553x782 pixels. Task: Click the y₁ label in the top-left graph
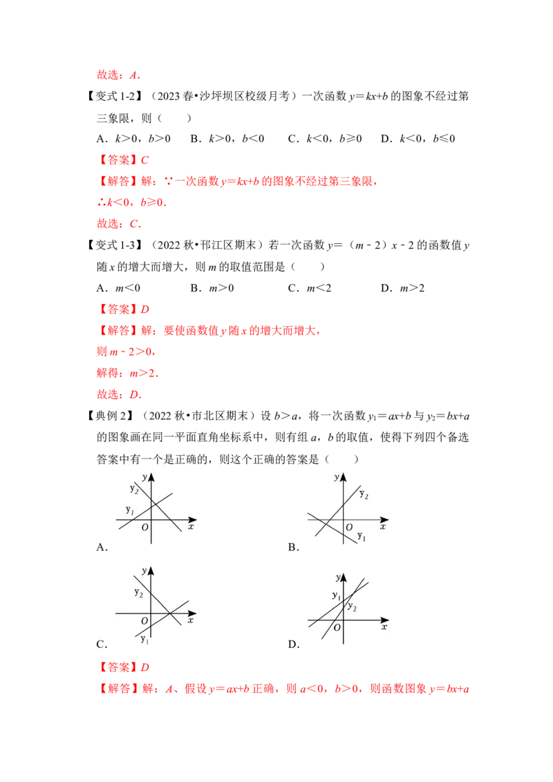coord(129,510)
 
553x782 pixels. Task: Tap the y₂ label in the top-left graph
coord(134,489)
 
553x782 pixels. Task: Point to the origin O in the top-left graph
coord(144,527)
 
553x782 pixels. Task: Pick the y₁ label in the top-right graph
coord(362,536)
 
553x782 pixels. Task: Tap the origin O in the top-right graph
coord(348,527)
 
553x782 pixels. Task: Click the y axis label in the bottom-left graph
coord(144,571)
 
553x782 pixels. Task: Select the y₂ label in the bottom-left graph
coord(138,593)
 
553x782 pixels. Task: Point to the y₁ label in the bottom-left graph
coord(144,639)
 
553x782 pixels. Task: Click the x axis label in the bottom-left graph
coord(190,620)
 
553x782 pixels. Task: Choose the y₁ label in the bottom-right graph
coord(336,595)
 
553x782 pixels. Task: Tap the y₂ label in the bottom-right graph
coord(352,607)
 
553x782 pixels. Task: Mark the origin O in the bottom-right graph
coord(337,627)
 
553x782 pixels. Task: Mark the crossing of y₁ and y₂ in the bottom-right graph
coord(353,593)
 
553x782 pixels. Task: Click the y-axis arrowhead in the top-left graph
coord(151,476)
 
